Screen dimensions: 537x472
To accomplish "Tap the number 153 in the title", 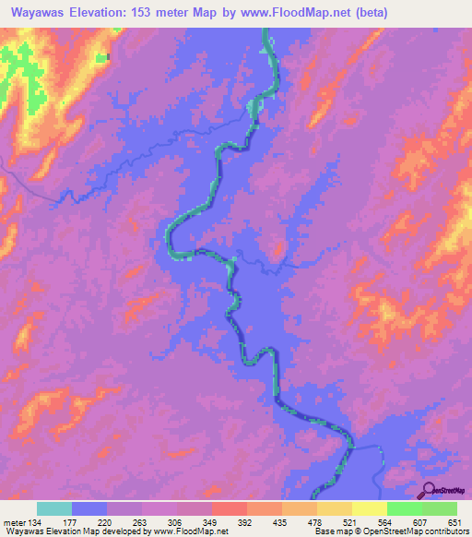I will pos(143,13).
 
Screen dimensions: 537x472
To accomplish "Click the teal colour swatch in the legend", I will pos(54,508).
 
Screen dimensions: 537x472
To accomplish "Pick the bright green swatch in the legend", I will pos(405,508).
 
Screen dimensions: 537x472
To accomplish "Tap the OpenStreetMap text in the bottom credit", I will pos(387,532).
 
